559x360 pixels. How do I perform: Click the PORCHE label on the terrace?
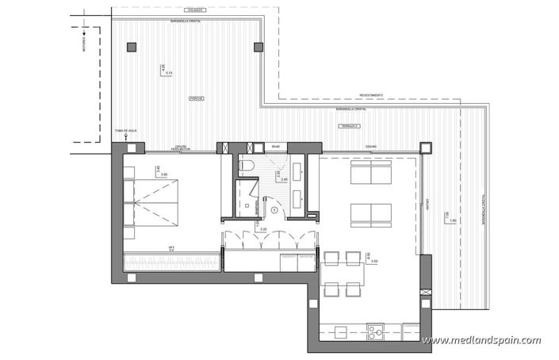196,99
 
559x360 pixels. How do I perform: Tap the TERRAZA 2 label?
349,126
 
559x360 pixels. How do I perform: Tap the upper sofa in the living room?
371,172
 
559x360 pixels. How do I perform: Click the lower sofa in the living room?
371,213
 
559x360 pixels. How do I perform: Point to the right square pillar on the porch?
258,47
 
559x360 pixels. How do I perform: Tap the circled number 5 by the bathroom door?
273,209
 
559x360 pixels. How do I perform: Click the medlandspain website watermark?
481,341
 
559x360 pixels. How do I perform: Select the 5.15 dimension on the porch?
170,72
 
